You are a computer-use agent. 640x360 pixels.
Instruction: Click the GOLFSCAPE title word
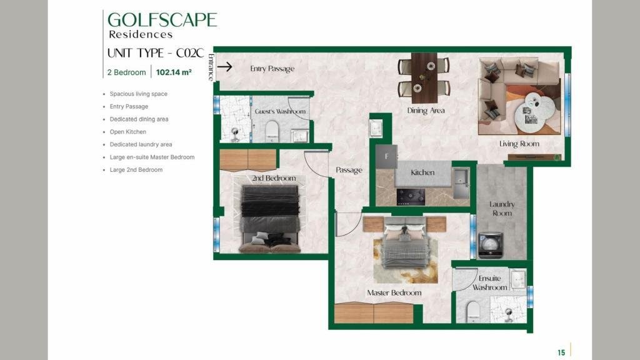(162, 19)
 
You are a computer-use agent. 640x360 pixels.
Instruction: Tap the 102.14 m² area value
(174, 72)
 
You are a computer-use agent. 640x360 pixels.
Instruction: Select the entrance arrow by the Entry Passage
(224, 66)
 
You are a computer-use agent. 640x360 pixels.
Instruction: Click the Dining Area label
(426, 110)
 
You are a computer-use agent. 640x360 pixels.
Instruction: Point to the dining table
(424, 77)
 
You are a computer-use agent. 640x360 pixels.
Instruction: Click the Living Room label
(519, 144)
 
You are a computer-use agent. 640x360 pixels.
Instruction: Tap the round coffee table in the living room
(531, 115)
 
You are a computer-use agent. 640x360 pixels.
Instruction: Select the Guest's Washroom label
(280, 111)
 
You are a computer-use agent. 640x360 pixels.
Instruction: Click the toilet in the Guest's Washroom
(272, 131)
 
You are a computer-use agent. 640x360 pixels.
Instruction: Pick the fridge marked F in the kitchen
(386, 156)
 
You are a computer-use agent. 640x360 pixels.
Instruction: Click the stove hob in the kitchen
(411, 197)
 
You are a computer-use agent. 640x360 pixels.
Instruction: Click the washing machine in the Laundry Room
(490, 245)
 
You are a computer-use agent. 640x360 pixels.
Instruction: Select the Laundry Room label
(502, 209)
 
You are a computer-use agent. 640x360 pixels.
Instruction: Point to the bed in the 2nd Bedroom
(270, 217)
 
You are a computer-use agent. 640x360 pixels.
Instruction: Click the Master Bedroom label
(394, 292)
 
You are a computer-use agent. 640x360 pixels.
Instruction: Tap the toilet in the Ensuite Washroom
(472, 311)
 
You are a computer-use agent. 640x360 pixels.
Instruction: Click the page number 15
(561, 352)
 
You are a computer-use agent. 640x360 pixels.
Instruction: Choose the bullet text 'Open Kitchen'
(127, 132)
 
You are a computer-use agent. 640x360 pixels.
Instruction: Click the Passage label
(349, 170)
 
